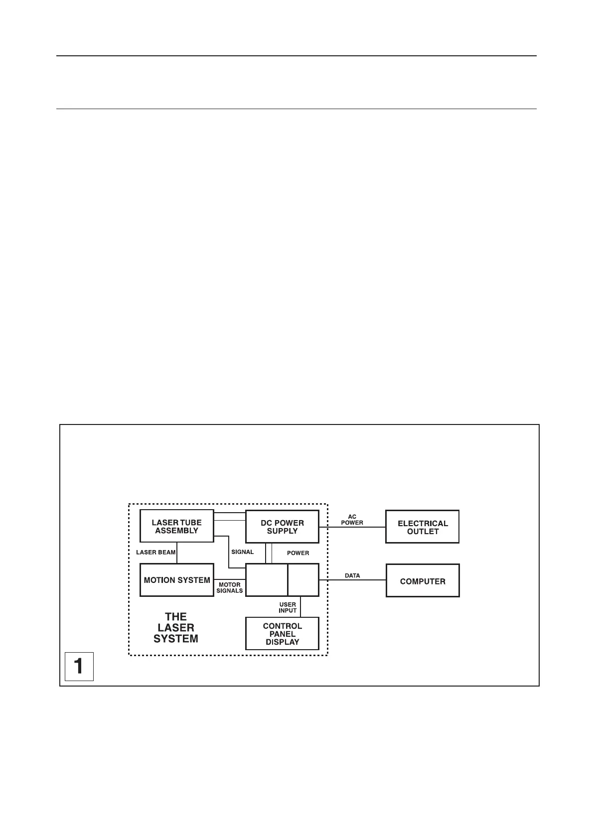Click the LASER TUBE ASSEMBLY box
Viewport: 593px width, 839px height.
(176, 526)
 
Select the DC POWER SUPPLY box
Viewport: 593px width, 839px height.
(282, 527)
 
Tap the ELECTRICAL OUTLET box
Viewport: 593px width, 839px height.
(422, 527)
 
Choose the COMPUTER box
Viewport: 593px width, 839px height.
(423, 581)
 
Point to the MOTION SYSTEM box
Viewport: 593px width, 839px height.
(176, 580)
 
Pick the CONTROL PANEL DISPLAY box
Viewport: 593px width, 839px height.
(282, 634)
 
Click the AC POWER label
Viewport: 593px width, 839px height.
(352, 520)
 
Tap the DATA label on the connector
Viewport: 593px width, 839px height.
(352, 575)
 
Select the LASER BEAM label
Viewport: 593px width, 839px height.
(155, 552)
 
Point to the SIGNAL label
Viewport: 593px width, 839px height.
(243, 552)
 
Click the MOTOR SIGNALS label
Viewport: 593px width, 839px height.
(230, 588)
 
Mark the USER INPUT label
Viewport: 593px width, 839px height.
(288, 607)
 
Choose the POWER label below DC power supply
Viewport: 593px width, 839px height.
(298, 553)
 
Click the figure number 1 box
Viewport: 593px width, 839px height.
(79, 666)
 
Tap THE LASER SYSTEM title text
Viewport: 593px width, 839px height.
(176, 628)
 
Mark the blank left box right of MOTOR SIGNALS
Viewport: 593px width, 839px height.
(267, 580)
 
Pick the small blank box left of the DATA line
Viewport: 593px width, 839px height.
(303, 580)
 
